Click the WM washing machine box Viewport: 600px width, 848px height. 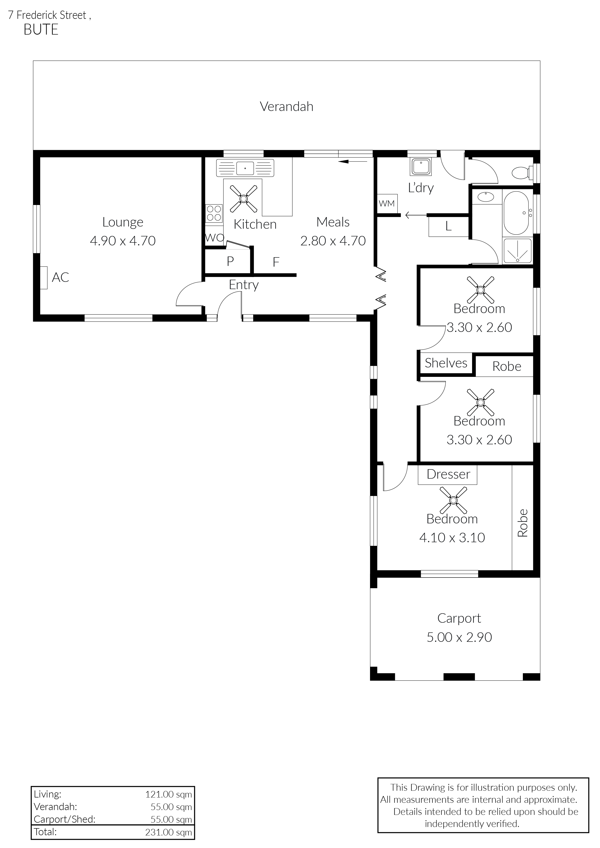coord(387,204)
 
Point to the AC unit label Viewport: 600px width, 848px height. coord(60,277)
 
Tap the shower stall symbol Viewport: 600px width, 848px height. coord(517,251)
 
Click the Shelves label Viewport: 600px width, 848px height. coord(446,363)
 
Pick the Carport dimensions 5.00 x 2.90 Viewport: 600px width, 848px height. coord(459,637)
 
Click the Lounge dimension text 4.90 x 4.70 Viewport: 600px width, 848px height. coord(123,241)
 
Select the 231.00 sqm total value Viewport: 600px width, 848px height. coord(169,832)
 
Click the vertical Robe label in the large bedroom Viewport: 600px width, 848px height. coord(522,523)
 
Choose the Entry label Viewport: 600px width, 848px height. coord(244,285)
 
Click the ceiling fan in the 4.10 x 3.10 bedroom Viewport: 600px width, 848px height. coord(453,500)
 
